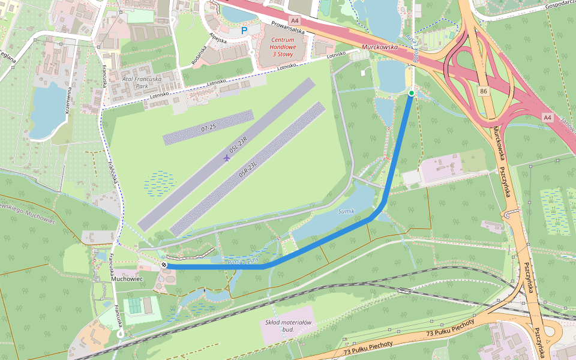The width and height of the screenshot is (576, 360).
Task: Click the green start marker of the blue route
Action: coord(411,93)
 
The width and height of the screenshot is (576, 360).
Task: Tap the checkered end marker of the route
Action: coord(164,265)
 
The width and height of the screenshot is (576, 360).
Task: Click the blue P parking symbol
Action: coord(244,30)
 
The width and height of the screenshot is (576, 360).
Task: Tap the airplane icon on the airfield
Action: coord(226,158)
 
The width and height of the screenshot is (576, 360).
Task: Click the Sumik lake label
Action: coord(346,212)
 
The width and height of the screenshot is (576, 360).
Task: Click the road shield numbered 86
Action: coord(484,91)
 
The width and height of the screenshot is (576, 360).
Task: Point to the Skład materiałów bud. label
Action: coord(288,326)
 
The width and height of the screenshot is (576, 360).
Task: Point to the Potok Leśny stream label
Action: coord(242,261)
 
